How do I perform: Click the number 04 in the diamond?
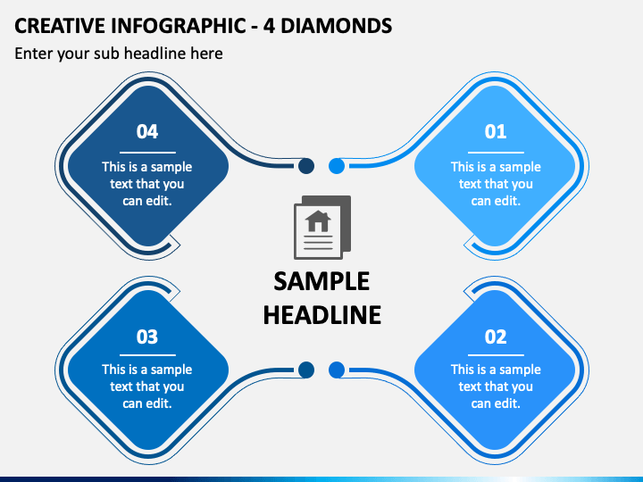click(147, 131)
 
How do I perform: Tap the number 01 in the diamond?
click(496, 131)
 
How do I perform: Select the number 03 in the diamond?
click(147, 337)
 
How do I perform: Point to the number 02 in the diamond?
click(496, 337)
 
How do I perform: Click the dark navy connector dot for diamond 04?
click(306, 166)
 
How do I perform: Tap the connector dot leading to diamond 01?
click(337, 166)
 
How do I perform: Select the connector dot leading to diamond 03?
click(306, 370)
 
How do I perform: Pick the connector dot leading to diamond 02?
click(337, 370)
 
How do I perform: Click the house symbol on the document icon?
click(318, 221)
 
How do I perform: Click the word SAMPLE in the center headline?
click(321, 281)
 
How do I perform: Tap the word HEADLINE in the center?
click(321, 315)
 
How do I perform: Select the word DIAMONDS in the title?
click(337, 25)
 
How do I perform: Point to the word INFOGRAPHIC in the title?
click(179, 25)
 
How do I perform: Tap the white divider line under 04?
click(147, 153)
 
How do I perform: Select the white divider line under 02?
click(496, 355)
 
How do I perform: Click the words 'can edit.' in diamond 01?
click(496, 201)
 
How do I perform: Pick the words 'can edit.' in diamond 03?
click(147, 403)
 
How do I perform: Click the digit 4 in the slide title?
click(269, 25)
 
